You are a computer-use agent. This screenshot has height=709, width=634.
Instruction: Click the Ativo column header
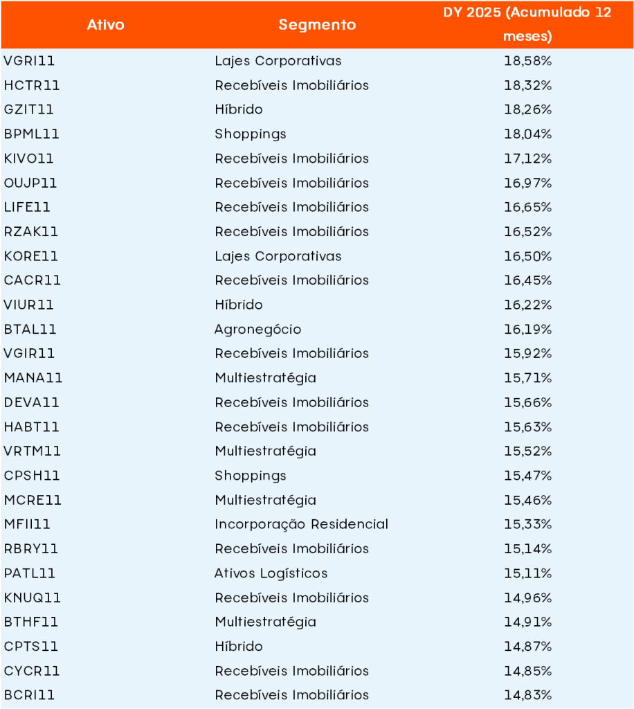pos(106,25)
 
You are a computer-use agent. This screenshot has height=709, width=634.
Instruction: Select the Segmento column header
pos(317,25)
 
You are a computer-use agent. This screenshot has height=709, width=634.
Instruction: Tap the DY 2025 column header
pos(527,24)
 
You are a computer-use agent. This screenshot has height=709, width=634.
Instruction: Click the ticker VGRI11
pos(29,61)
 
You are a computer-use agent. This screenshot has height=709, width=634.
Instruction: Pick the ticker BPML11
pos(30,134)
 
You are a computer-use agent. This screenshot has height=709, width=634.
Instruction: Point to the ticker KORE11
pos(31,256)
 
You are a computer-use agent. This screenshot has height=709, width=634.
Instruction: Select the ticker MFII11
pos(27,524)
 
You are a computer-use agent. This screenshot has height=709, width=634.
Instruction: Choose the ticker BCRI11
pos(29,695)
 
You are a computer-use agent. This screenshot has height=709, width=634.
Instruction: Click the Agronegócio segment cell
pos(257,330)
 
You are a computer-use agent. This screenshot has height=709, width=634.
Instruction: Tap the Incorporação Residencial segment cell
pos(301,524)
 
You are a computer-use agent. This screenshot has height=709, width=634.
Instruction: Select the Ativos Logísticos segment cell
pos(271,573)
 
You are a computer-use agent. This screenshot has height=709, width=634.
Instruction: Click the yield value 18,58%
pos(527,61)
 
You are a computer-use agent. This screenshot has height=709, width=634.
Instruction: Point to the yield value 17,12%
pos(527,159)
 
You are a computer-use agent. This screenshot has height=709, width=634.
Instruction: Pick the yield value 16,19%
pos(527,330)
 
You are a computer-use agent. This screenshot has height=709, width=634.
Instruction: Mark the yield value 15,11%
pos(527,573)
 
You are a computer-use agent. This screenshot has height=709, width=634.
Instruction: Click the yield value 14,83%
pos(527,695)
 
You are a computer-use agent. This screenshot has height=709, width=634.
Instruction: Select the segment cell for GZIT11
pos(239,109)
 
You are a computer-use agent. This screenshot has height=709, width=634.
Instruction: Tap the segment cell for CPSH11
pos(250,476)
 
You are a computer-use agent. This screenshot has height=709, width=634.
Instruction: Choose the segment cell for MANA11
pos(265,378)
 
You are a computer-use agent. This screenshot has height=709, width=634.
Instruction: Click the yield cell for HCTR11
pos(527,85)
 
